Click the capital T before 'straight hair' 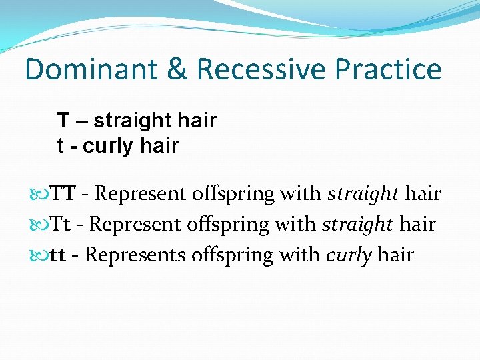click(x=63, y=121)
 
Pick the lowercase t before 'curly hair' click(x=61, y=146)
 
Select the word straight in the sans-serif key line click(x=133, y=121)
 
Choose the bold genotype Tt click(x=61, y=224)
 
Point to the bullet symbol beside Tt click(x=42, y=225)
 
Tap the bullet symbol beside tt click(x=42, y=255)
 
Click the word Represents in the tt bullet click(x=135, y=255)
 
